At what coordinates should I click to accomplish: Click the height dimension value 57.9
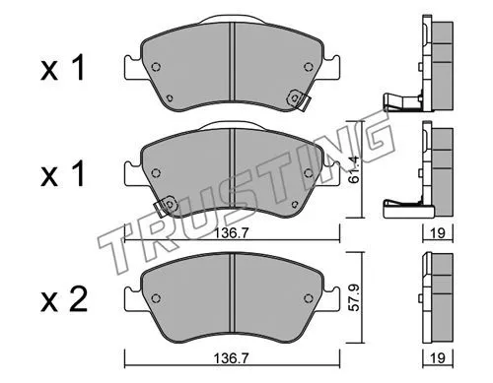[354, 298]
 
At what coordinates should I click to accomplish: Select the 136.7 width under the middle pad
[232, 233]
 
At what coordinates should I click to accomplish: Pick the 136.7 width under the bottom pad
[232, 357]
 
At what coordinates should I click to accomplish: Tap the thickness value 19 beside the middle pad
[438, 233]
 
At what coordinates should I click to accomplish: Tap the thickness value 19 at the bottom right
[438, 357]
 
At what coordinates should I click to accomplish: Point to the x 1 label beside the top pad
[62, 68]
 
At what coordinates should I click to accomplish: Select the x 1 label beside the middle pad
[62, 174]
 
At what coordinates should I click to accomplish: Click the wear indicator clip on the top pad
[298, 99]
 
